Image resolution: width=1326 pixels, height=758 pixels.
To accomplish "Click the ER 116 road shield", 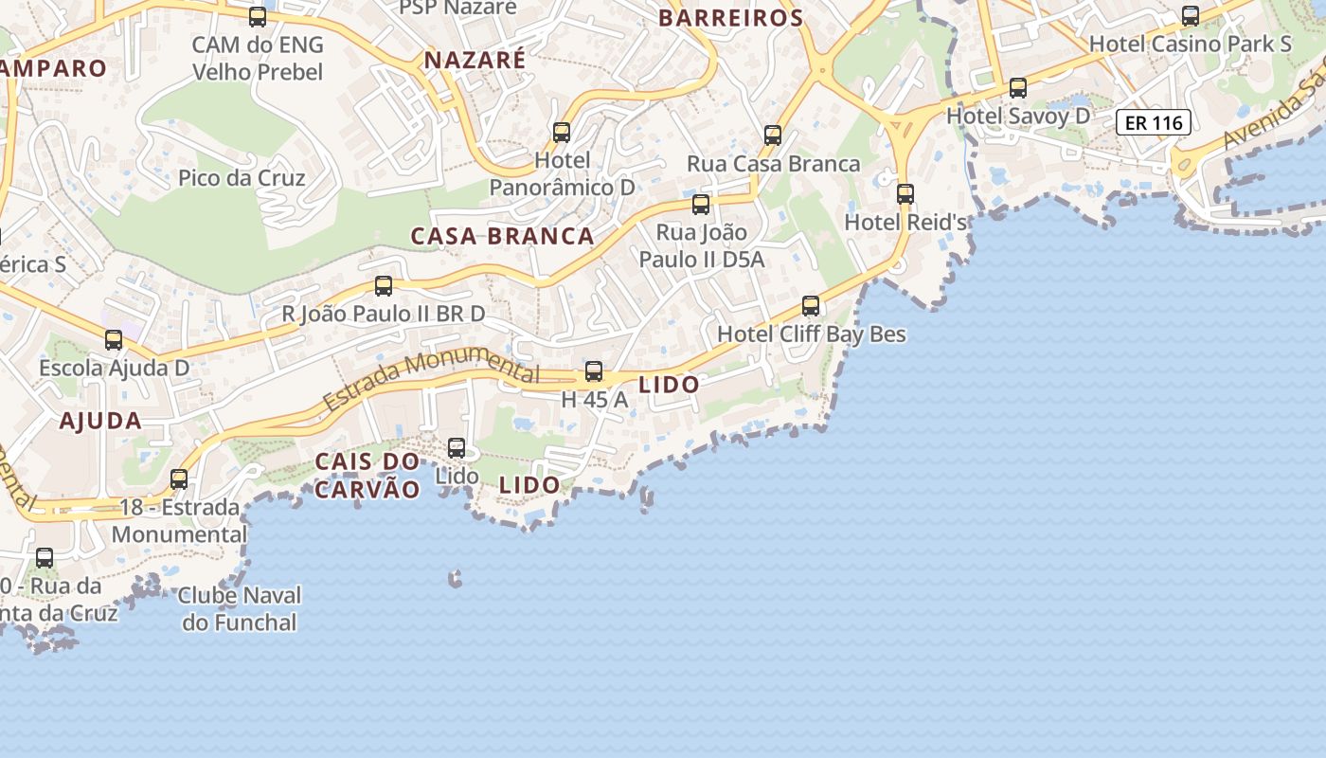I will tap(1153, 122).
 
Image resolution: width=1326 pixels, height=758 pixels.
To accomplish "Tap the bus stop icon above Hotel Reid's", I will tap(905, 194).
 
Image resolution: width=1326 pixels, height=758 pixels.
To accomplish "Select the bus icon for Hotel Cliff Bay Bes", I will tap(811, 306).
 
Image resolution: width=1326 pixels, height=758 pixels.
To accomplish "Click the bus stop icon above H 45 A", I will tap(594, 371).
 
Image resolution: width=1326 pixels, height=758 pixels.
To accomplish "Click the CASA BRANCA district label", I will tap(502, 236).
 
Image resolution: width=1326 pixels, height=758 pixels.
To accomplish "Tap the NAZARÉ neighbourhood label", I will tap(475, 61).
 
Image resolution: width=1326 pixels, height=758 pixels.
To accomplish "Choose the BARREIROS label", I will tap(731, 18).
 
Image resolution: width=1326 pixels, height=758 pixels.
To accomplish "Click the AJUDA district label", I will tap(100, 421).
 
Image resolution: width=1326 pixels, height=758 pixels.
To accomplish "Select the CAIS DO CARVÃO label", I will tap(367, 476).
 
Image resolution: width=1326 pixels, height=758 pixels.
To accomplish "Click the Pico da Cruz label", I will tap(242, 178).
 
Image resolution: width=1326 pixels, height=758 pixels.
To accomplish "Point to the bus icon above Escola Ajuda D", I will tap(114, 340).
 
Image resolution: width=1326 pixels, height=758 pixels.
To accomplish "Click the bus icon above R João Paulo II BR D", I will tap(384, 286).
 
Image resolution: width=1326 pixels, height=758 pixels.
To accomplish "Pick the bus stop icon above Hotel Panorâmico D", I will tap(562, 133).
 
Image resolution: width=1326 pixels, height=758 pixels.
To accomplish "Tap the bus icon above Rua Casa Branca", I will tap(773, 135).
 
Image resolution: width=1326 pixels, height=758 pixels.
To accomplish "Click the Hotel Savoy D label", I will tap(1018, 116).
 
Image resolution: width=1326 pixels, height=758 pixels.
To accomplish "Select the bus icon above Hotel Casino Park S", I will tap(1191, 16).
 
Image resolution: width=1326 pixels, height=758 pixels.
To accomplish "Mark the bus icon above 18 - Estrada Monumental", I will tap(179, 479).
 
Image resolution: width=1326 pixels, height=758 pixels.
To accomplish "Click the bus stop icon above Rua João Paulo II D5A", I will tap(701, 205).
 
